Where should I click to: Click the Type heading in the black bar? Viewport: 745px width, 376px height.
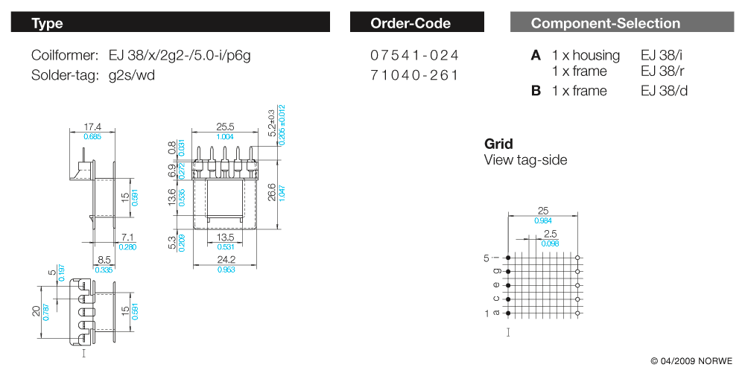[47, 23]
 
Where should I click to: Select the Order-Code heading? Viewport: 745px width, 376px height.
[410, 23]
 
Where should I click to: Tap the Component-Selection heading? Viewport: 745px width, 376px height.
[605, 23]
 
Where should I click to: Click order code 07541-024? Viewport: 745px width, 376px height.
[414, 56]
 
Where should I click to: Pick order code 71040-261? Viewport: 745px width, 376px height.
[414, 75]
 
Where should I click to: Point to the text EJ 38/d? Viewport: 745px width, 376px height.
[664, 91]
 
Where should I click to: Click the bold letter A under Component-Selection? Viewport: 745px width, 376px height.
[536, 56]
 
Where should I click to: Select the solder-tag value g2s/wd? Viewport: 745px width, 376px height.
[132, 75]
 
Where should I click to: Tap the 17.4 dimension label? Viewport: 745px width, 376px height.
[92, 127]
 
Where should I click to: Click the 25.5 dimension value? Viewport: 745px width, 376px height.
[225, 127]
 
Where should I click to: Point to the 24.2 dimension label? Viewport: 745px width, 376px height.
[226, 260]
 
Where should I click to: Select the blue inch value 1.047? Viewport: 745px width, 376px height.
[282, 192]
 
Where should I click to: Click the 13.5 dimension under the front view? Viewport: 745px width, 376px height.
[225, 238]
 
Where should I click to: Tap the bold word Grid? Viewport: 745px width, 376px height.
[498, 144]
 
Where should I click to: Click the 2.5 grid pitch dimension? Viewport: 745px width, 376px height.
[551, 234]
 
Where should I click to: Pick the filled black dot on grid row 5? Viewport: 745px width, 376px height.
[508, 258]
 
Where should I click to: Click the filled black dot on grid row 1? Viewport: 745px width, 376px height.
[508, 313]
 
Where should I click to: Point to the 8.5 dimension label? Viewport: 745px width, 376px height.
[104, 260]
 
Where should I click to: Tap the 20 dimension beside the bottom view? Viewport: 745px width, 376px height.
[36, 311]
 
